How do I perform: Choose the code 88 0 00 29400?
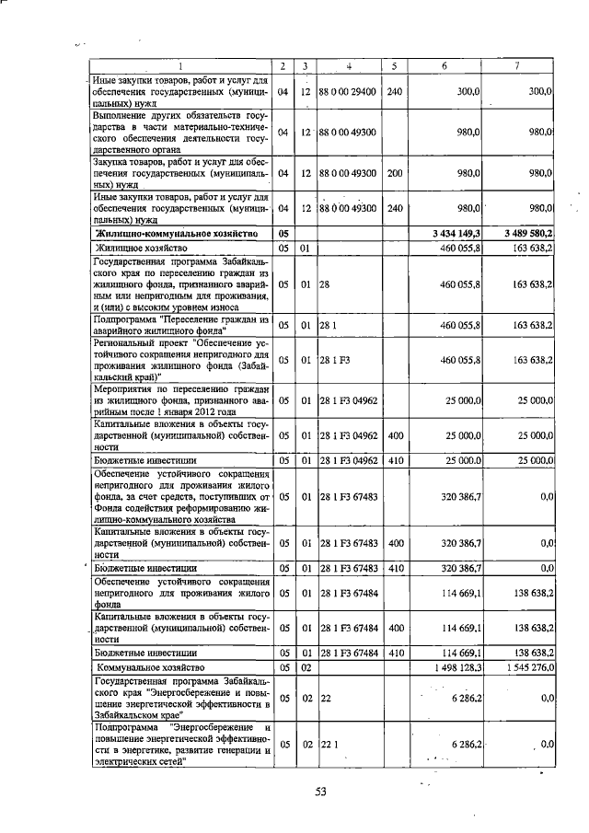(x=349, y=92)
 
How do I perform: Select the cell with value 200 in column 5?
(x=394, y=172)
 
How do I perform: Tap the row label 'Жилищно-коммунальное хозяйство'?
(x=160, y=234)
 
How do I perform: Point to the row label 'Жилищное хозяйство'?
(x=142, y=248)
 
